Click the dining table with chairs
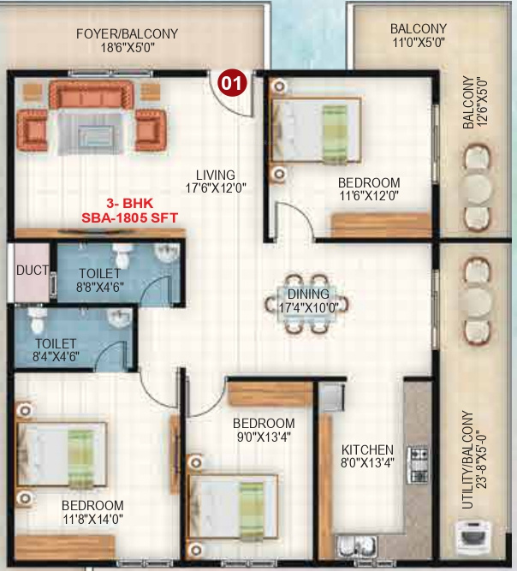click(307, 302)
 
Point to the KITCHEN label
click(367, 450)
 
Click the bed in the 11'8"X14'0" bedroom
click(58, 456)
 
